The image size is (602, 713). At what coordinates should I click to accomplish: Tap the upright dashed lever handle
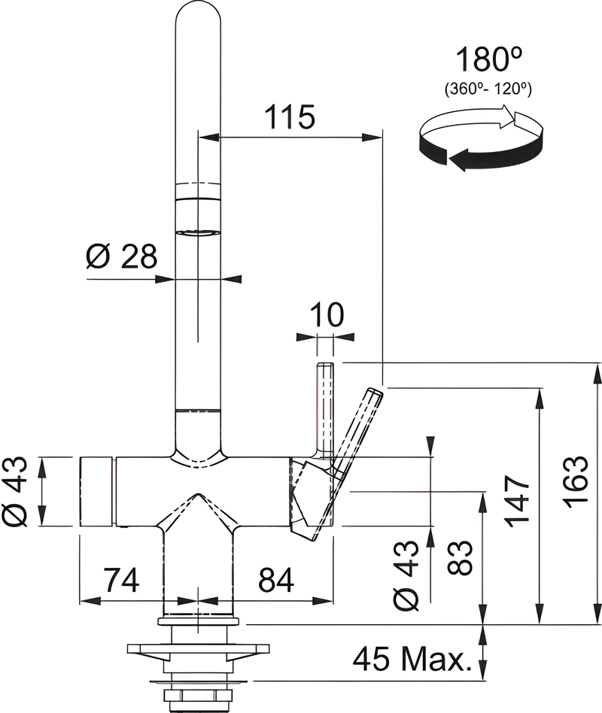[x=326, y=406]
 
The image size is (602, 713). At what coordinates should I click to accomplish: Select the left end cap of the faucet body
[x=97, y=490]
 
